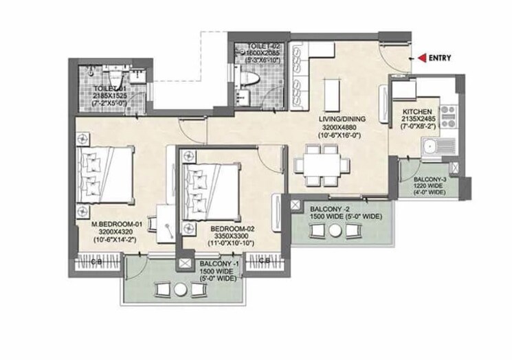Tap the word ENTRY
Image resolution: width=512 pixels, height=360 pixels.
click(439, 58)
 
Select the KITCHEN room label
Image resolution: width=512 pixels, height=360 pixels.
click(417, 110)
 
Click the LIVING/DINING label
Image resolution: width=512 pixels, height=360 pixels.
click(342, 119)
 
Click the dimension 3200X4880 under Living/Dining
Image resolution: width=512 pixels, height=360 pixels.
click(342, 126)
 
